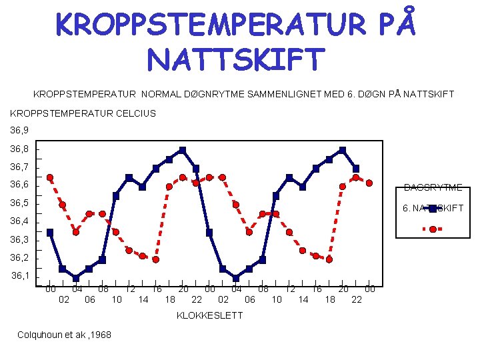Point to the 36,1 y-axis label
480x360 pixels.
[20, 275]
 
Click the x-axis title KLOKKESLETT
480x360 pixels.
[209, 315]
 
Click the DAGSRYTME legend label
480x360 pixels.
[433, 188]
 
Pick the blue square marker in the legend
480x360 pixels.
[433, 209]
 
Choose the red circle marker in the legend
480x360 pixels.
[433, 229]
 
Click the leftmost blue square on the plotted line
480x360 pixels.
[50, 233]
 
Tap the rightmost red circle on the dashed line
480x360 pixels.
[369, 183]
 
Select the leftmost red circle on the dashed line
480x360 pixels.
[50, 177]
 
